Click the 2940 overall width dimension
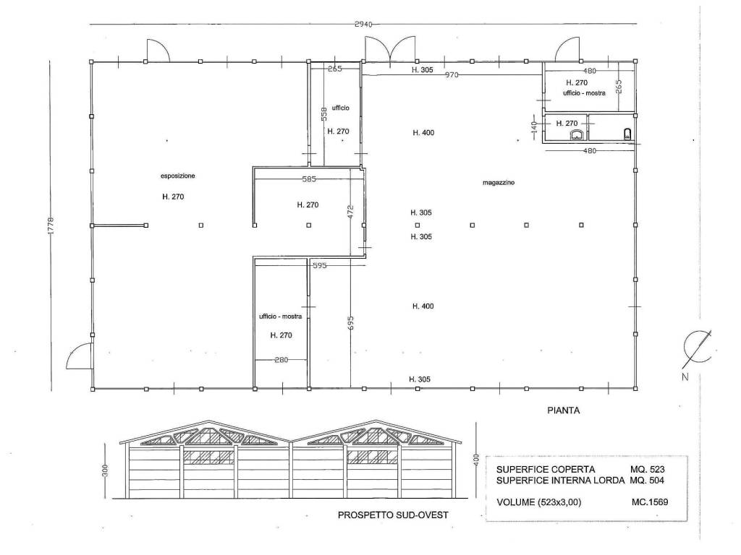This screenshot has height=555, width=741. tap(363, 25)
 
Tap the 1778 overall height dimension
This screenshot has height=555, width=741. tap(51, 225)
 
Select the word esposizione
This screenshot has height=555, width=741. tap(178, 176)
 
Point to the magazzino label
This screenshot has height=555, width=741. tap(499, 183)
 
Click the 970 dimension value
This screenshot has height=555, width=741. tap(452, 74)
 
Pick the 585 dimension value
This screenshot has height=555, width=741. tap(309, 179)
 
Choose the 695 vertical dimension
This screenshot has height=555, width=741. tap(351, 323)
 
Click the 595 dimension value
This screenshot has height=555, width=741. tap(320, 266)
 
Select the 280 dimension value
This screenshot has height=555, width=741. tap(281, 360)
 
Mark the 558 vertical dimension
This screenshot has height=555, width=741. tap(324, 113)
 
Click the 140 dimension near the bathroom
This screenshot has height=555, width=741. tap(534, 126)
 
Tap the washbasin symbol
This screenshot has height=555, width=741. tap(577, 135)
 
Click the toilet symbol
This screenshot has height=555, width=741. tap(627, 134)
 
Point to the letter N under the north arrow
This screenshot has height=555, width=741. tap(685, 377)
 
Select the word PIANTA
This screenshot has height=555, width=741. tap(563, 410)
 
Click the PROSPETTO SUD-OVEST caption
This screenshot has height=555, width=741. tap(393, 515)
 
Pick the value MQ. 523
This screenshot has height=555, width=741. tap(648, 470)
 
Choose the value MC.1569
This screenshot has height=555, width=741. tap(650, 502)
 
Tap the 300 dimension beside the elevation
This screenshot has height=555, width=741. tap(105, 470)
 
